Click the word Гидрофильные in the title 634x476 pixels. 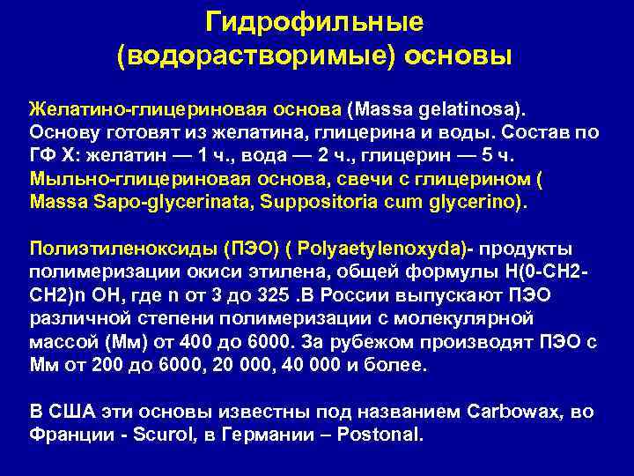coord(313,20)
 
